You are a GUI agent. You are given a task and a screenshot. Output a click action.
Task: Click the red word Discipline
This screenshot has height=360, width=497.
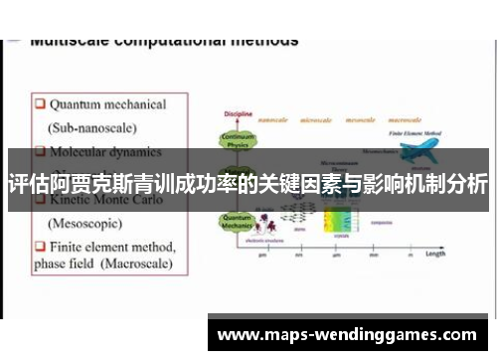[238, 112]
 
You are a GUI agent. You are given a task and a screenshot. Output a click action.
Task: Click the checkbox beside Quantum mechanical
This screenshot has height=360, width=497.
[40, 103]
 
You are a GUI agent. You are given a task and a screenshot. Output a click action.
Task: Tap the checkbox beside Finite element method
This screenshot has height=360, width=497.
[40, 245]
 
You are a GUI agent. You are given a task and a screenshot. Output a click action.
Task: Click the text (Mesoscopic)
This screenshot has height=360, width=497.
[87, 223]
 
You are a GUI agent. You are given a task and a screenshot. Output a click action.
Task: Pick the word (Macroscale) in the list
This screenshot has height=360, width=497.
[132, 265]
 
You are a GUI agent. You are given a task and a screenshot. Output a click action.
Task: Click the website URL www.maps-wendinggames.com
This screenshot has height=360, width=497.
[347, 335]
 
